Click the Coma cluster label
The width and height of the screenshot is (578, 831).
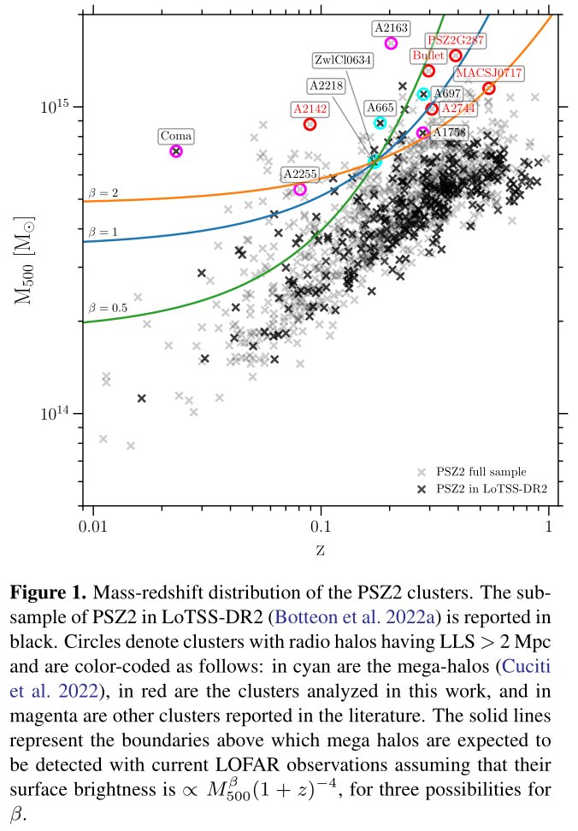(x=175, y=137)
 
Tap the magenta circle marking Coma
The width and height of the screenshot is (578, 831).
(x=176, y=151)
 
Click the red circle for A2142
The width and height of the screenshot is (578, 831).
(x=310, y=124)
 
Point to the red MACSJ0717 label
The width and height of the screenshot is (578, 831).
(x=489, y=74)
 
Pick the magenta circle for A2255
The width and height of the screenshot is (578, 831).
(x=299, y=189)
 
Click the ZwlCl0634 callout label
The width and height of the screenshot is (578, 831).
(x=342, y=60)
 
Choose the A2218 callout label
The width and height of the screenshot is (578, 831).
(x=326, y=86)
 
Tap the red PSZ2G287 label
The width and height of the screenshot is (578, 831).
(x=456, y=40)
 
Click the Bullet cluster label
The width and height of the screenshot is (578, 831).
(x=428, y=56)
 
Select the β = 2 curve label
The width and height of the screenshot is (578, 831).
(x=103, y=193)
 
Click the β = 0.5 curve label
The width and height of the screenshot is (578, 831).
(x=107, y=307)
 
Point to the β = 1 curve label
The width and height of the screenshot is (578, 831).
(x=103, y=232)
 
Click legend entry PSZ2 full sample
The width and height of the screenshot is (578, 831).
(x=481, y=471)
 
